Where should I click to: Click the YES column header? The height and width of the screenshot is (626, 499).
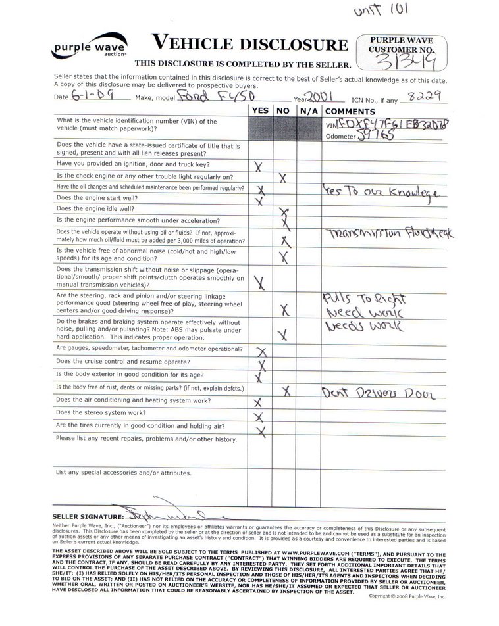coord(260,111)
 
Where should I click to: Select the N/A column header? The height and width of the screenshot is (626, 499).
coord(308,111)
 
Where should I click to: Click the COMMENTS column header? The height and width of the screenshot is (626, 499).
coord(350,111)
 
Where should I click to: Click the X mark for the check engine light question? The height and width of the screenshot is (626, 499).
coord(282,177)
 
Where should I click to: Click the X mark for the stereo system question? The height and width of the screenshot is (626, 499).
coord(259,416)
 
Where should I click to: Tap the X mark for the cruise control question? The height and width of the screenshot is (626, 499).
coord(261,364)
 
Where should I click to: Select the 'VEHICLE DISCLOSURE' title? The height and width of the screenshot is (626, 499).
coord(250,44)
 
